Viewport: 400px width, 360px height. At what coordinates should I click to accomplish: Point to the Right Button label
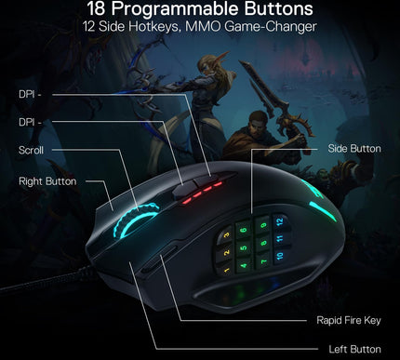tap(47, 181)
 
